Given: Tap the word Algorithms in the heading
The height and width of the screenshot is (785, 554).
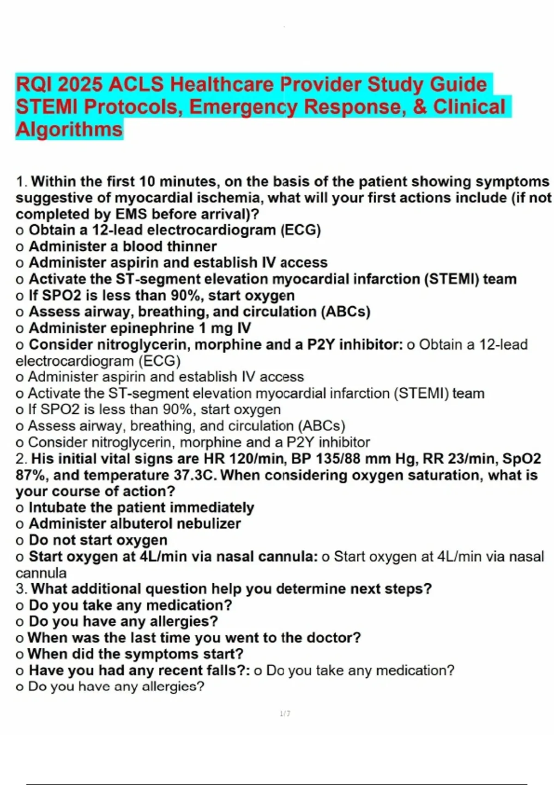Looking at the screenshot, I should tap(69, 129).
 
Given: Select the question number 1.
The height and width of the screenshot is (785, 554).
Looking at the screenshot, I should tap(21, 182).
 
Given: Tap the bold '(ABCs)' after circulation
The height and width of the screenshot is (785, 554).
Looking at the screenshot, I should tap(346, 312).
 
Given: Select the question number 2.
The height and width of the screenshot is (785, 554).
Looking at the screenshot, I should tap(21, 459).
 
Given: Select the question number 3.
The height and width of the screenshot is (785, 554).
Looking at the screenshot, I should tap(21, 589).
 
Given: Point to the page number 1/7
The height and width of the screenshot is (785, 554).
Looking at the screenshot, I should tap(285, 714).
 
